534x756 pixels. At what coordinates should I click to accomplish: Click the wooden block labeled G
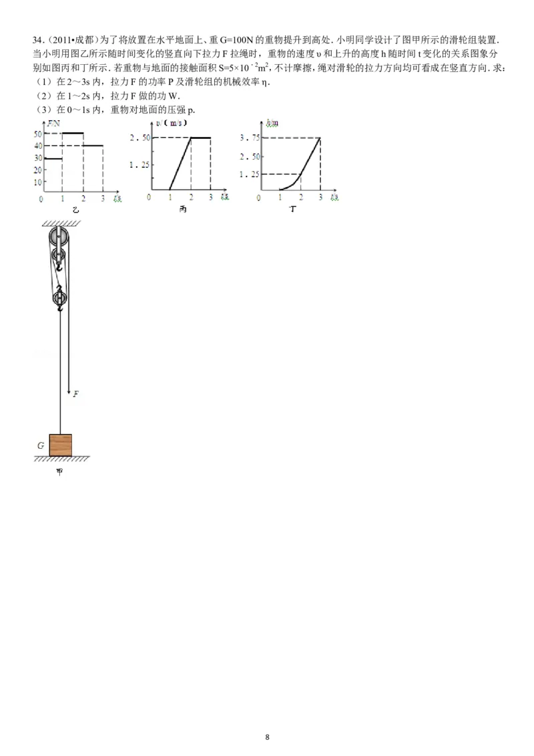[61, 445]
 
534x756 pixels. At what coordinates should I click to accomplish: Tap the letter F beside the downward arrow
[76, 394]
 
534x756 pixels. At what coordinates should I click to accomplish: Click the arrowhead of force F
[69, 391]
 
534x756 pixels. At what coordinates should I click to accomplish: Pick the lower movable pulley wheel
[59, 298]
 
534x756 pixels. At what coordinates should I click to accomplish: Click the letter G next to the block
[41, 445]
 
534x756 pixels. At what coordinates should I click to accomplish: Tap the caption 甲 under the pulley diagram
[59, 472]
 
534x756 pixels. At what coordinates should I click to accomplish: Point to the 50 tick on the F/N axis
[38, 134]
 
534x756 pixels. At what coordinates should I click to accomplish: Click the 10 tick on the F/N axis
[38, 182]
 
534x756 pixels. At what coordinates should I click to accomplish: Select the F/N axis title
[53, 124]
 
